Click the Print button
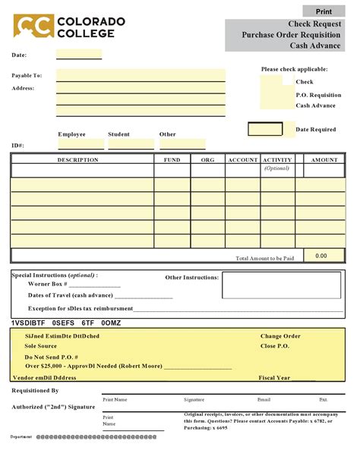tap(324, 11)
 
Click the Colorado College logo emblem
tap(33, 27)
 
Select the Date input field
tap(78, 55)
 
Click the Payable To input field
tap(141, 75)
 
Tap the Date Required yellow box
tap(265, 129)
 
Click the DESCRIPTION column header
tap(78, 160)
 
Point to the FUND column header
tap(172, 160)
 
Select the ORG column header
tap(207, 160)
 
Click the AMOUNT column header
tap(324, 160)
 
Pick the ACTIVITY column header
tap(277, 160)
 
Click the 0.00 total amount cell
tap(321, 257)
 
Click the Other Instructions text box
tap(283, 286)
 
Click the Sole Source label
tap(41, 345)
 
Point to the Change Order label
tap(280, 335)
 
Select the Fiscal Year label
tap(274, 377)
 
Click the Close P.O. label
tap(274, 345)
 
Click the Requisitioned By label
tap(35, 390)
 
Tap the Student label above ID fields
tap(118, 134)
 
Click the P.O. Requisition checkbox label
tap(318, 94)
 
